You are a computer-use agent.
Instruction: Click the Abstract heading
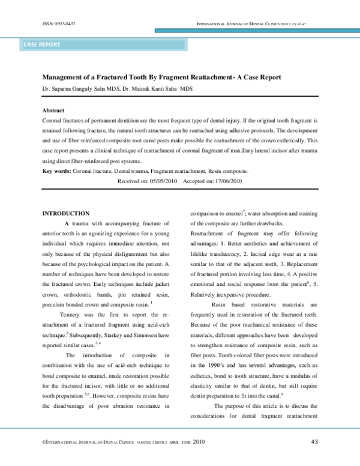pos(53,111)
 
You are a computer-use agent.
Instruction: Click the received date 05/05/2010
pos(162,180)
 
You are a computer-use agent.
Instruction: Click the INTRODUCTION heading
pos(65,213)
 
